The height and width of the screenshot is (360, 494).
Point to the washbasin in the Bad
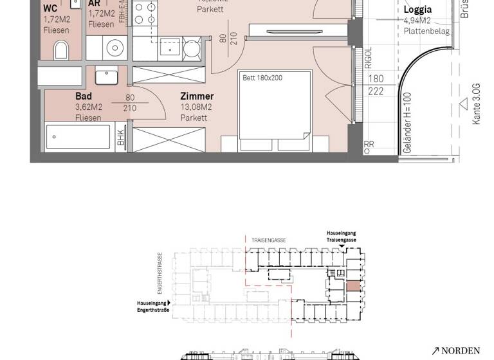(x=107, y=76)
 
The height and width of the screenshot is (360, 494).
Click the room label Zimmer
(x=197, y=96)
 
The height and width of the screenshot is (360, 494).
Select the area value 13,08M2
(x=196, y=107)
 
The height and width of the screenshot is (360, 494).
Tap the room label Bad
(x=84, y=96)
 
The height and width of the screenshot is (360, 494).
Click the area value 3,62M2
(x=88, y=107)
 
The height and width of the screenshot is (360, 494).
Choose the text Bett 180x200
(x=262, y=78)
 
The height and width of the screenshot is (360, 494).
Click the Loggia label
(x=417, y=10)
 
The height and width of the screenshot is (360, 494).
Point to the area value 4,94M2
(x=417, y=21)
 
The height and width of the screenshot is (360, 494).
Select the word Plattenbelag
(x=426, y=31)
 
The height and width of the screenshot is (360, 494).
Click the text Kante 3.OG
(x=476, y=104)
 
